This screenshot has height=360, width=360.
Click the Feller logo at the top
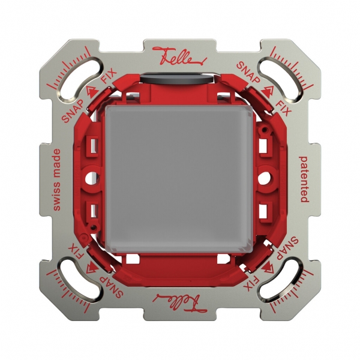tap(180, 56)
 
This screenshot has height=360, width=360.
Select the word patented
tap(304, 178)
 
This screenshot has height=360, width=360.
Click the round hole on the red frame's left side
tap(91, 178)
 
